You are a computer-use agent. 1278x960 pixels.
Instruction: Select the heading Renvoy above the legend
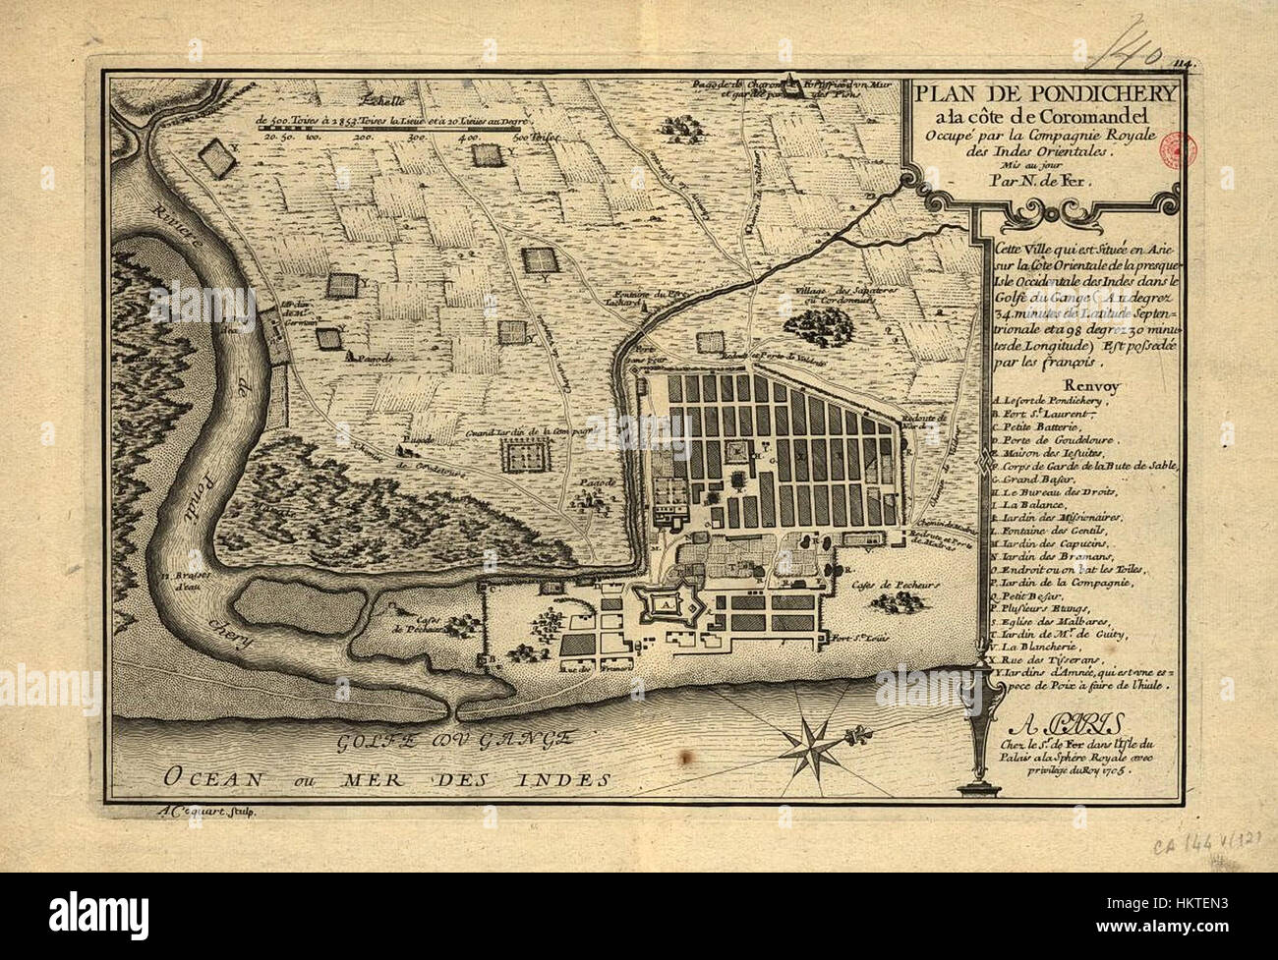[1026, 384]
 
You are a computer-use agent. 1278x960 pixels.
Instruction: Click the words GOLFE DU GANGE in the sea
[454, 742]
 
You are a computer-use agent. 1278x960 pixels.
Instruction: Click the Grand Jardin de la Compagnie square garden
[527, 454]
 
